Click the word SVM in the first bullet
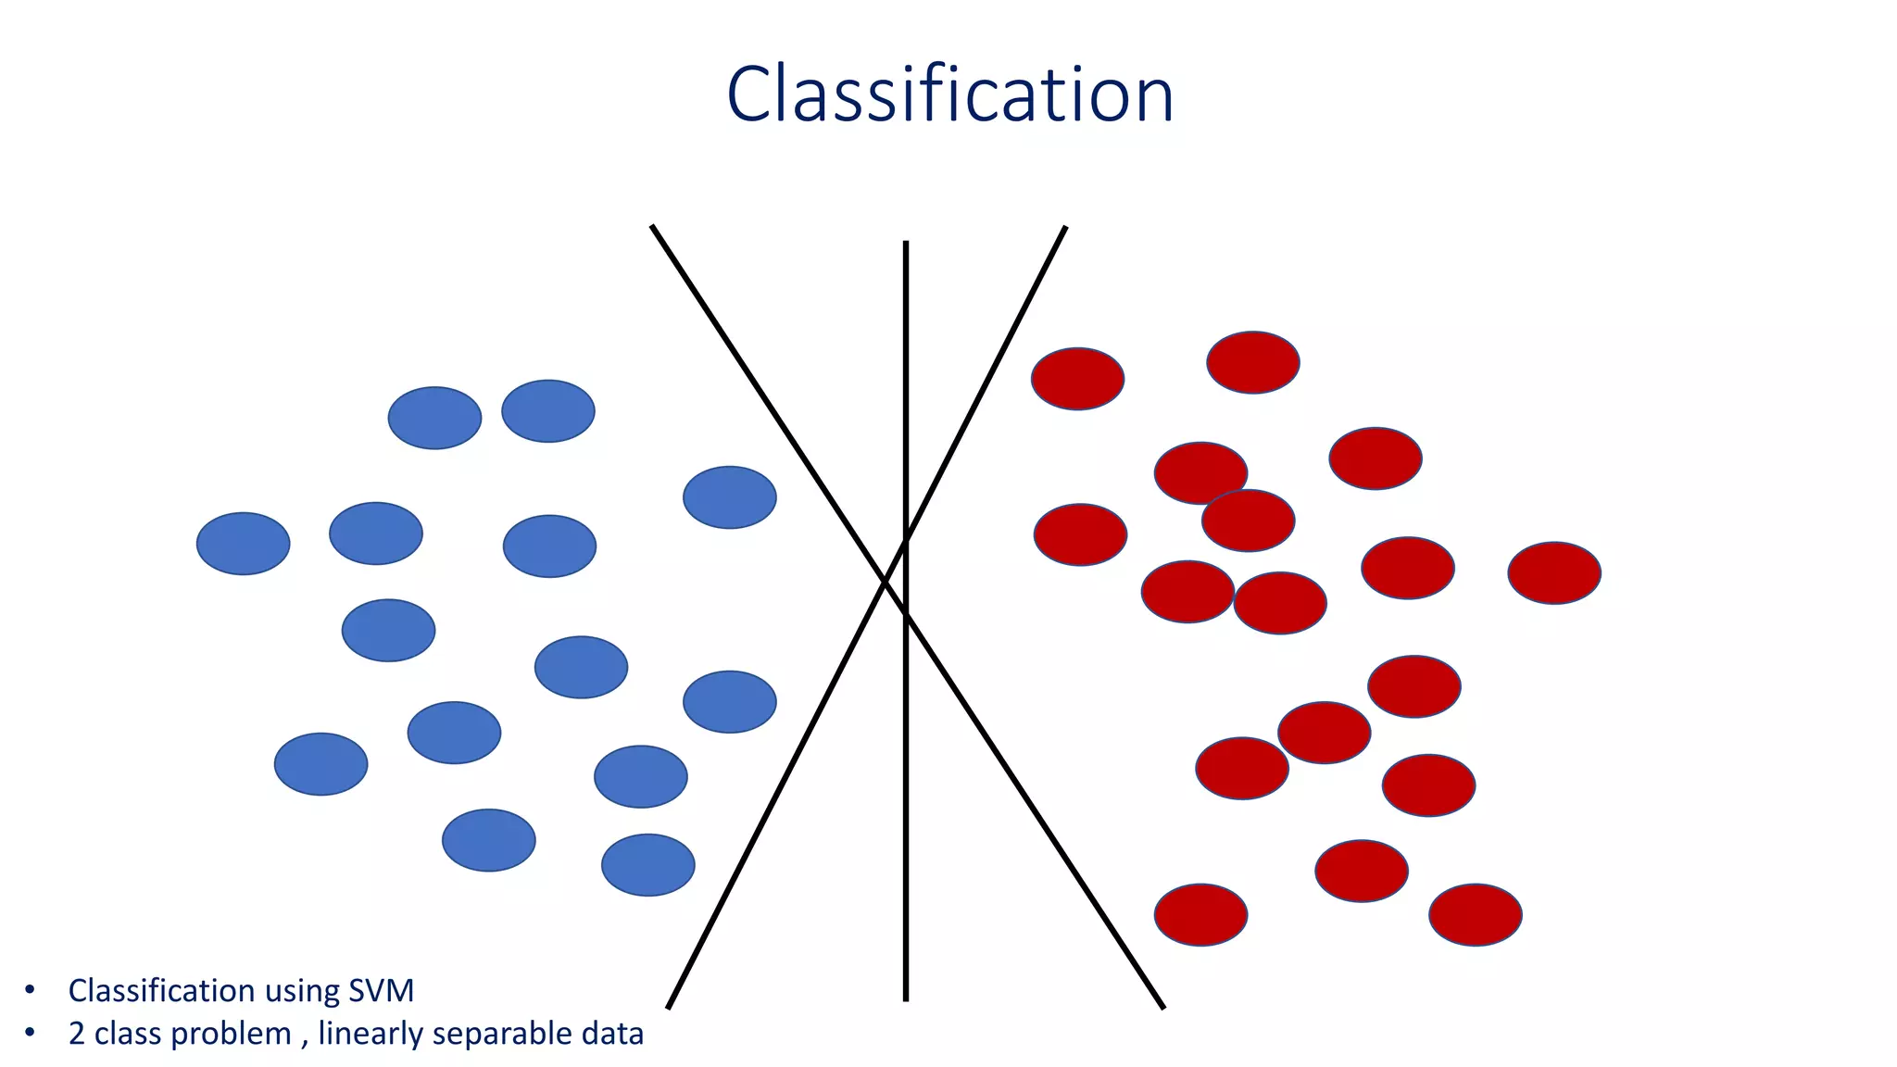[381, 991]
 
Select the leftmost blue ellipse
[243, 544]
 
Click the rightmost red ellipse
[1554, 573]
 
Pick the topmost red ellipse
[1252, 362]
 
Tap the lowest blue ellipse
[647, 865]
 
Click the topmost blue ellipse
[547, 411]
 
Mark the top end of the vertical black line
[906, 243]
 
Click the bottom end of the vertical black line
[906, 999]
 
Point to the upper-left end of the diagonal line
[653, 227]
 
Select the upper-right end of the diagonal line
[1065, 228]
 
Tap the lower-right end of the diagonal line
[1162, 1007]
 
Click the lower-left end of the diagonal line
[669, 1007]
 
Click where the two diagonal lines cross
[885, 581]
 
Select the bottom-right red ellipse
[1475, 915]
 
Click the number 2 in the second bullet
[76, 1034]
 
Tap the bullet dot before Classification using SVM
[30, 990]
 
